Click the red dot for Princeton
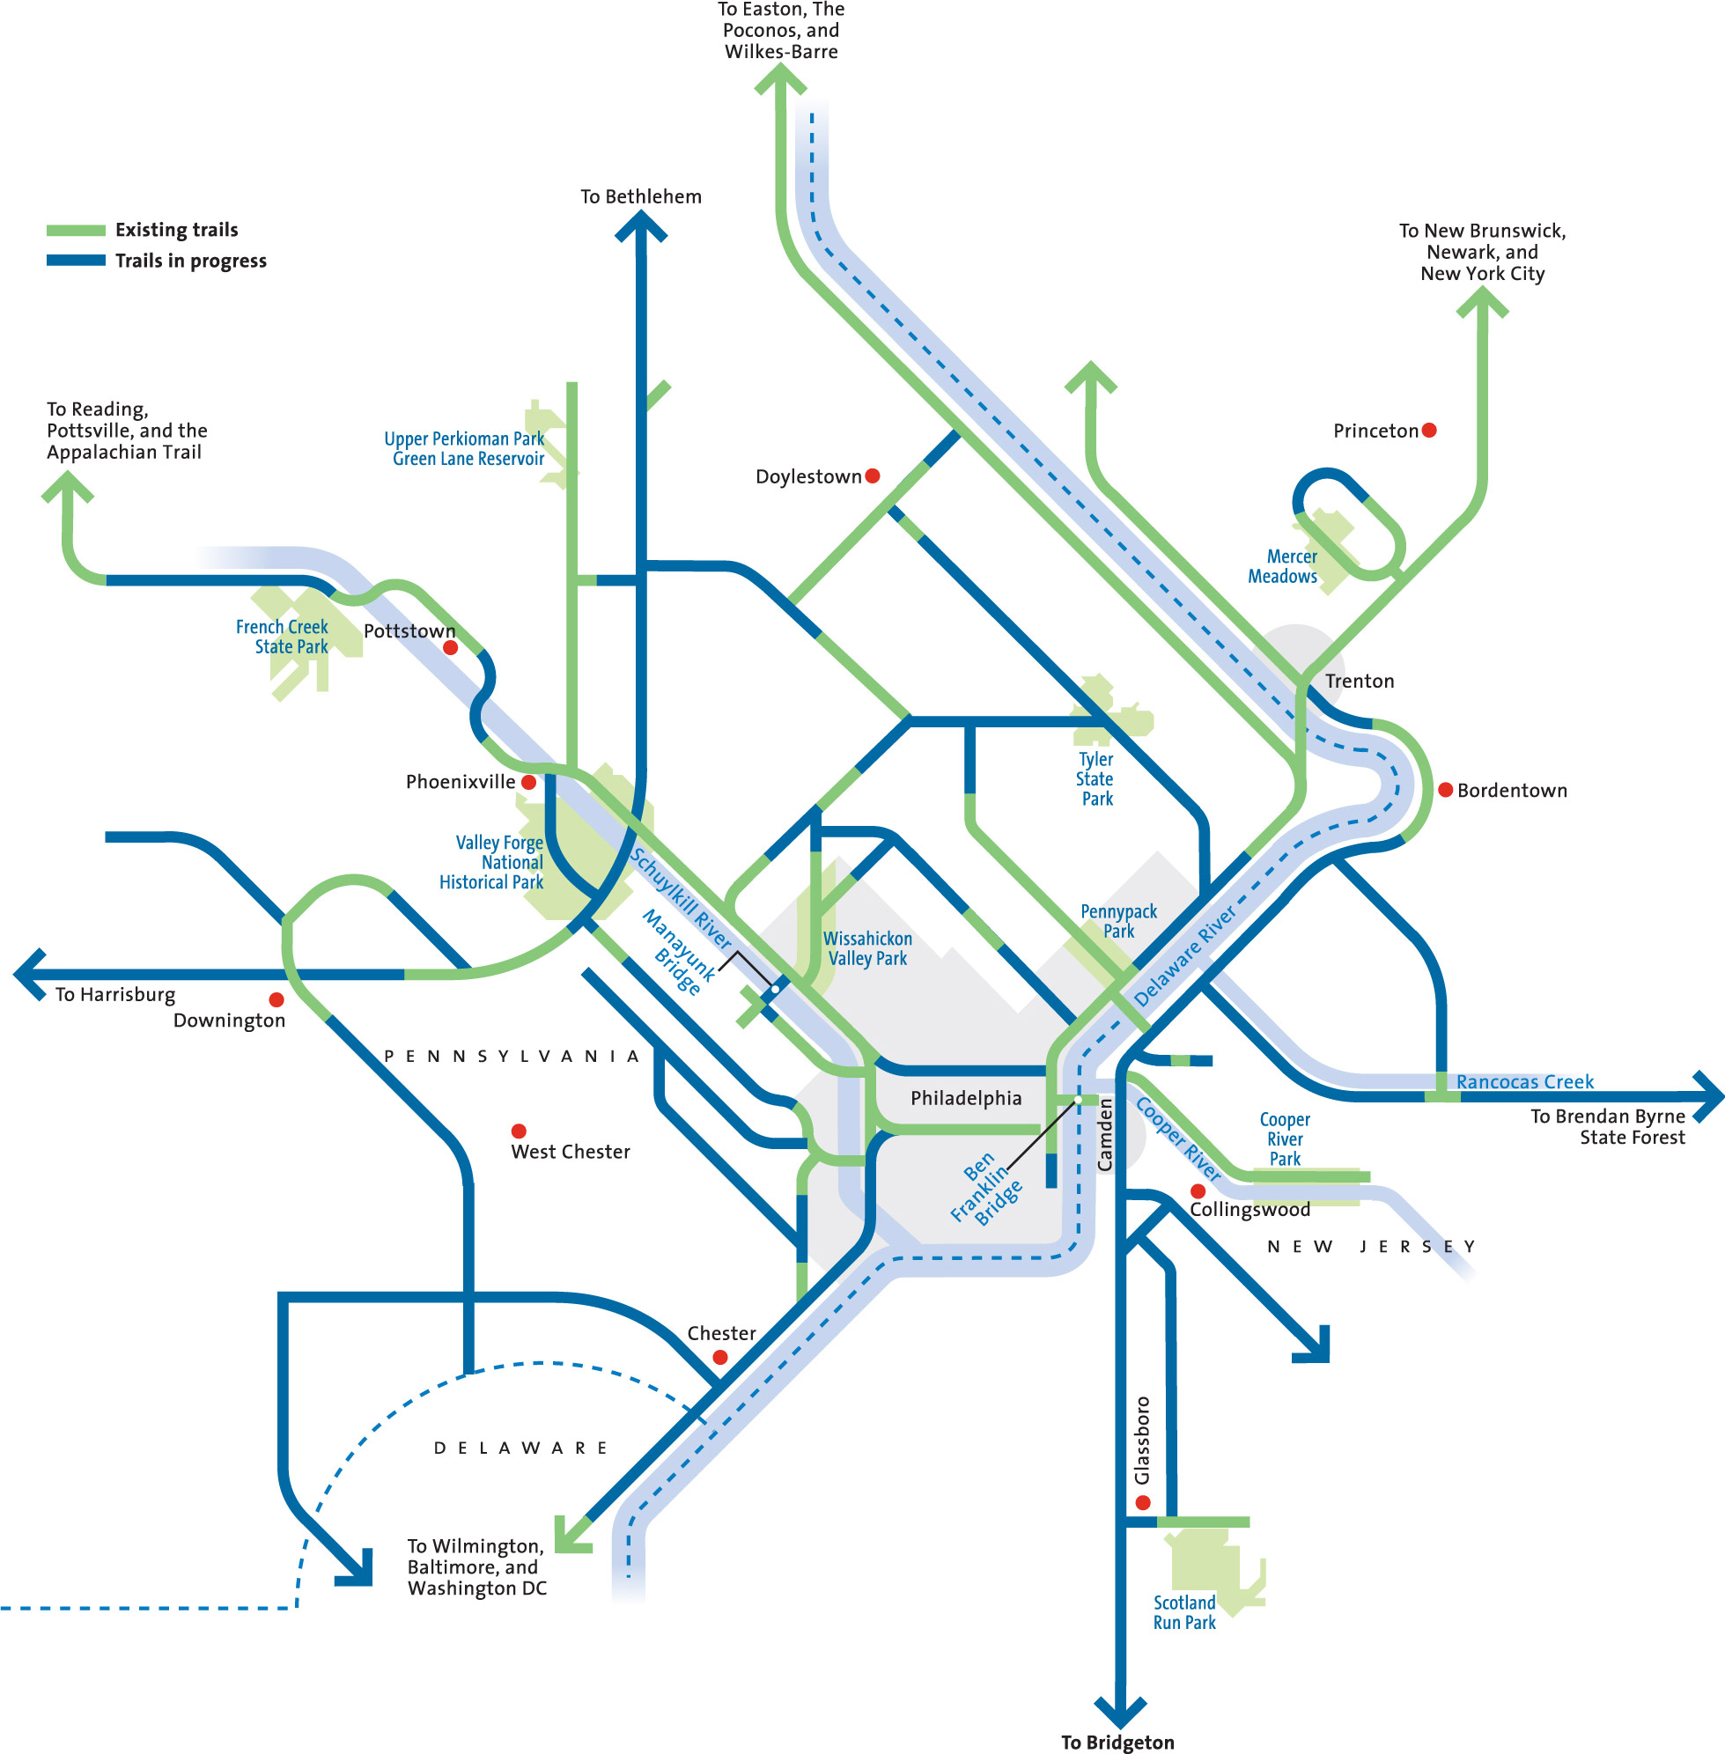[1429, 431]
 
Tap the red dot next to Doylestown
[873, 475]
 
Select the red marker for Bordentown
[1446, 790]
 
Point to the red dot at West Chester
[520, 1131]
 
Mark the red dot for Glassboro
[1143, 1502]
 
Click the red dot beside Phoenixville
[529, 782]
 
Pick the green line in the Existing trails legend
[76, 230]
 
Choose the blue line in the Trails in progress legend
[76, 261]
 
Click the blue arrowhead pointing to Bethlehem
[641, 226]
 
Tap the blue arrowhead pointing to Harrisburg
[30, 975]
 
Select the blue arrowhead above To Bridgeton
[1121, 1712]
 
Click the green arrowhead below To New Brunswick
[1482, 302]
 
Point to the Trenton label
[1359, 682]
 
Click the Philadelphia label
[966, 1099]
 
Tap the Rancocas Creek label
[1525, 1082]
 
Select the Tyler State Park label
[1096, 779]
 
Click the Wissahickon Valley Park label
[867, 948]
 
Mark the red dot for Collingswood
[1198, 1190]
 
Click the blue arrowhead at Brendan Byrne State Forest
[1707, 1097]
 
